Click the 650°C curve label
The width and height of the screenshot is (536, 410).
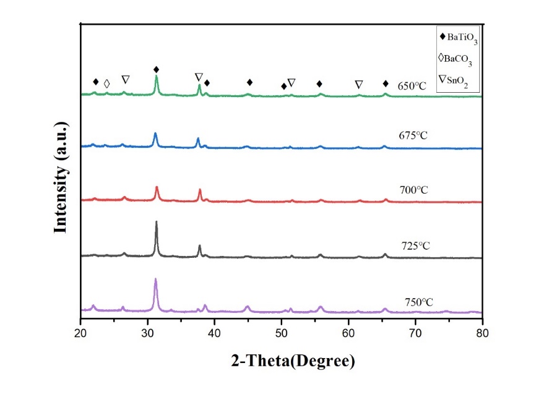[x=413, y=86]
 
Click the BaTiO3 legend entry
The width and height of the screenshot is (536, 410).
[x=458, y=38]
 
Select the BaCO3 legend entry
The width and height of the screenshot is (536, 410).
[x=457, y=59]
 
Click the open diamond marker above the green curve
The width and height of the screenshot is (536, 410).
[x=106, y=83]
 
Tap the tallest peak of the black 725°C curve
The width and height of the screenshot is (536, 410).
[x=156, y=223]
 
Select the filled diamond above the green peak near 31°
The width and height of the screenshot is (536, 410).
[x=156, y=69]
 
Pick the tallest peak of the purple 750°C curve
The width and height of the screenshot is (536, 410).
[x=155, y=280]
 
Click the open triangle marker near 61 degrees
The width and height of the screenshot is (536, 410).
[x=358, y=84]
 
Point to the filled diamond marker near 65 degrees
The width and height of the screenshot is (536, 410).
[x=386, y=83]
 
